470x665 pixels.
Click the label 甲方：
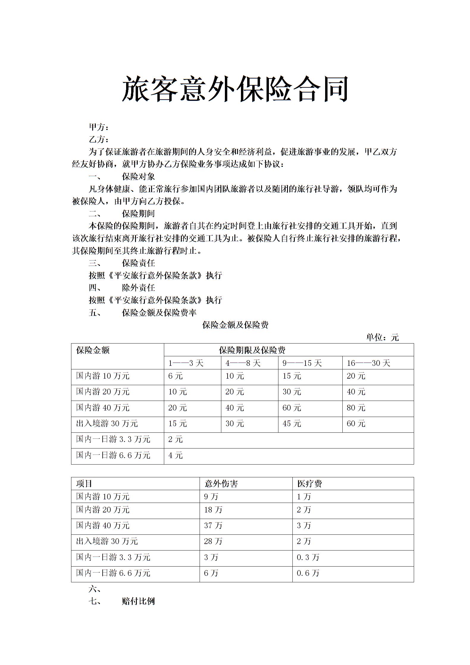click(99, 127)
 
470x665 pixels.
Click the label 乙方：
click(99, 139)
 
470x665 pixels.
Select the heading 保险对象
click(138, 177)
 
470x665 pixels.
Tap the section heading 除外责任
click(138, 288)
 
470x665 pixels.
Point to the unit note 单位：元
click(382, 338)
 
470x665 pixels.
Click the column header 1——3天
click(186, 363)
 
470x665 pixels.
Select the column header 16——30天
click(368, 363)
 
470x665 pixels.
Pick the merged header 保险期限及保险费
click(252, 350)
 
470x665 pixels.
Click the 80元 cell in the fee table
click(356, 408)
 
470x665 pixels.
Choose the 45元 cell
click(292, 424)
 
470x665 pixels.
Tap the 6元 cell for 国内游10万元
click(175, 376)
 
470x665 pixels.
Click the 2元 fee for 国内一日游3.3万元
click(175, 440)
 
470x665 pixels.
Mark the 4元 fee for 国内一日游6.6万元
click(175, 455)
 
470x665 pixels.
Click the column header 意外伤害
click(221, 484)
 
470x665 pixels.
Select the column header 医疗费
click(309, 484)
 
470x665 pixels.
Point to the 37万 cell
click(213, 526)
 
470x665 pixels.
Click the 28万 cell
click(213, 541)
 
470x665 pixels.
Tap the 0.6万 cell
click(308, 573)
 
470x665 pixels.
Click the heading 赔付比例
click(138, 601)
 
